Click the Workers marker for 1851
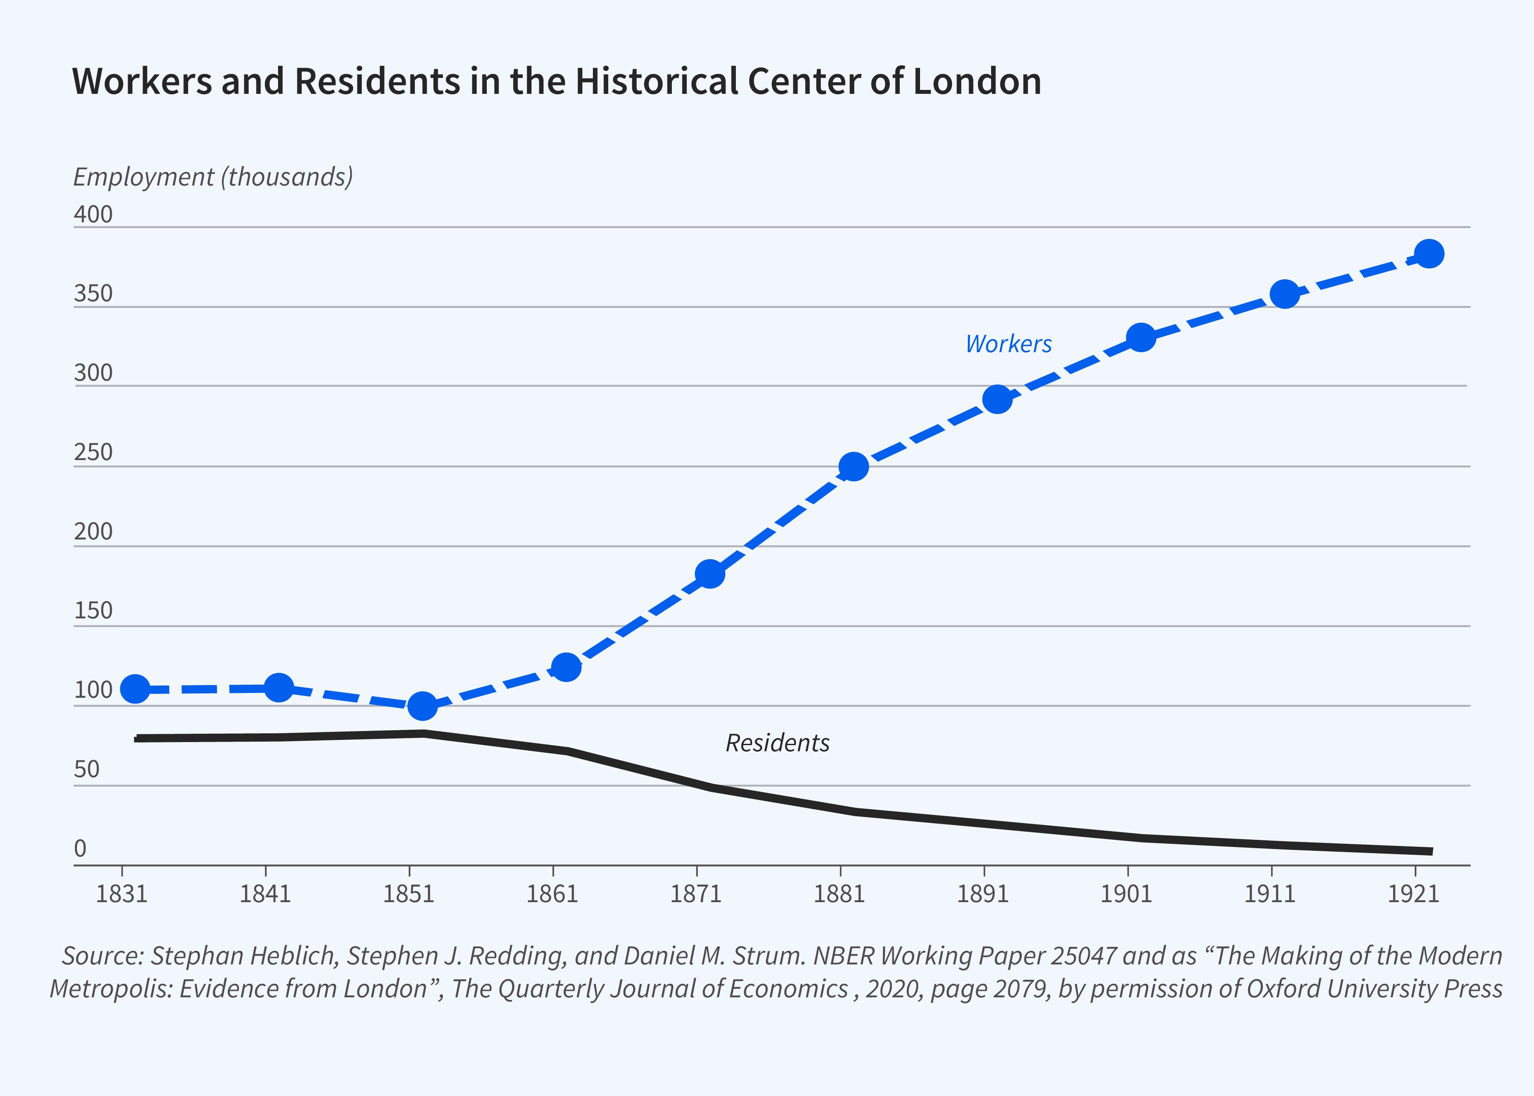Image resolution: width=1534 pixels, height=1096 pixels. tap(422, 706)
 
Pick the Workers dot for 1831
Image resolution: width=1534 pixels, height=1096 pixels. tap(135, 689)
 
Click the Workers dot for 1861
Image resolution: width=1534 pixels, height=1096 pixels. tap(566, 667)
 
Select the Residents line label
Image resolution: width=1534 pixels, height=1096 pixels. tap(778, 743)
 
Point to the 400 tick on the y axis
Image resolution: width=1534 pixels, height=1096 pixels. tap(93, 214)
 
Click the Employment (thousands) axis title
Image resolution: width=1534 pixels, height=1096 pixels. tap(213, 177)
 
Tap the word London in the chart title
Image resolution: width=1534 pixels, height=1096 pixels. tap(977, 81)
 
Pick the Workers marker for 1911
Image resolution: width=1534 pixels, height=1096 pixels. tap(1285, 294)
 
